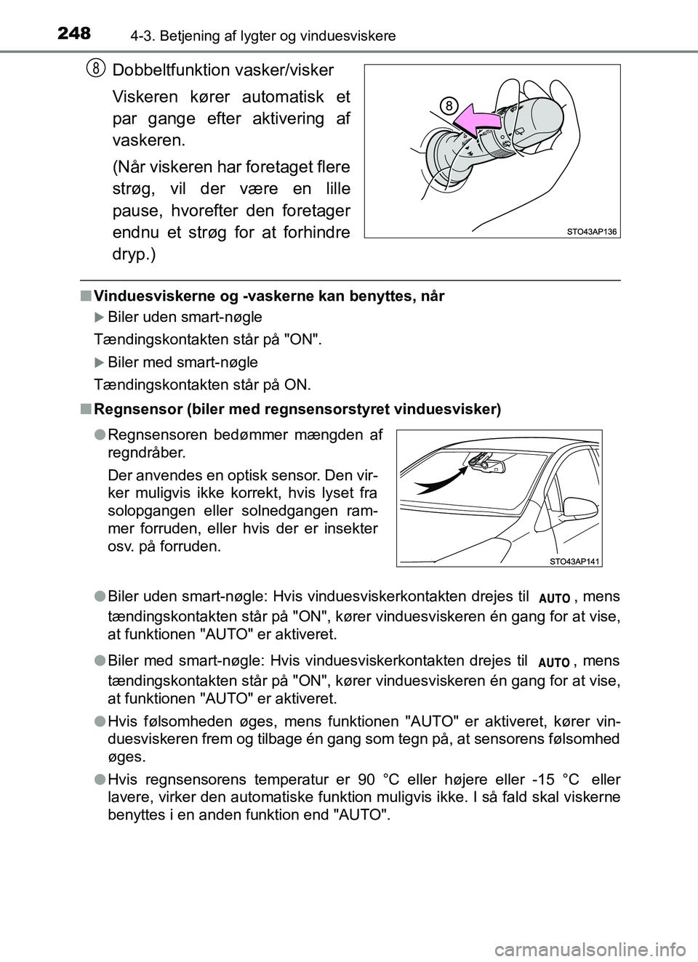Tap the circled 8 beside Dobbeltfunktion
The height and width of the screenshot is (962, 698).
click(94, 68)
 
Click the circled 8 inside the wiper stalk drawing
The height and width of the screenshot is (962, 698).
click(450, 106)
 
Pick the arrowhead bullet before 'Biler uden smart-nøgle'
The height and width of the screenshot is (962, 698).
click(100, 318)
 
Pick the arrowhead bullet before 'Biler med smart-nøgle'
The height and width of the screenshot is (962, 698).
click(100, 362)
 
